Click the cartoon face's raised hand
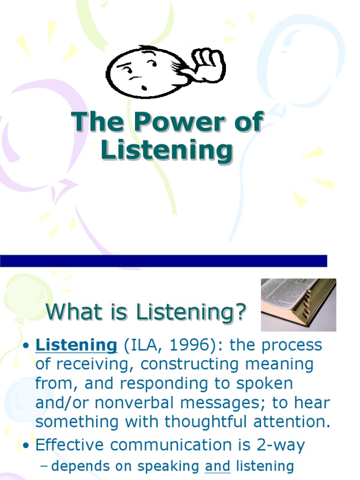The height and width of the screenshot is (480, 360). (x=208, y=65)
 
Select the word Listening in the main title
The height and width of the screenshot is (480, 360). (x=167, y=150)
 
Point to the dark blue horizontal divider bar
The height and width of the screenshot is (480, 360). (x=164, y=261)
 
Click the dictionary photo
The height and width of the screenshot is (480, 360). (x=299, y=305)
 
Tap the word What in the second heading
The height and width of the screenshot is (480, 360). (x=74, y=312)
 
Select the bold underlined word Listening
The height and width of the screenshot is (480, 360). (x=76, y=345)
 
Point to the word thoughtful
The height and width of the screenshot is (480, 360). (x=205, y=421)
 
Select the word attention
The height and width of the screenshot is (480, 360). (x=292, y=421)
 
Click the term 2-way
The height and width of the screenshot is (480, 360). (x=281, y=445)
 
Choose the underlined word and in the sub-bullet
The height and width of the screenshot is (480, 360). (x=217, y=466)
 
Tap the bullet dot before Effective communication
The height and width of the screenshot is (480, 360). (x=27, y=446)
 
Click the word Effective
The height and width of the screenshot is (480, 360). (x=69, y=445)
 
